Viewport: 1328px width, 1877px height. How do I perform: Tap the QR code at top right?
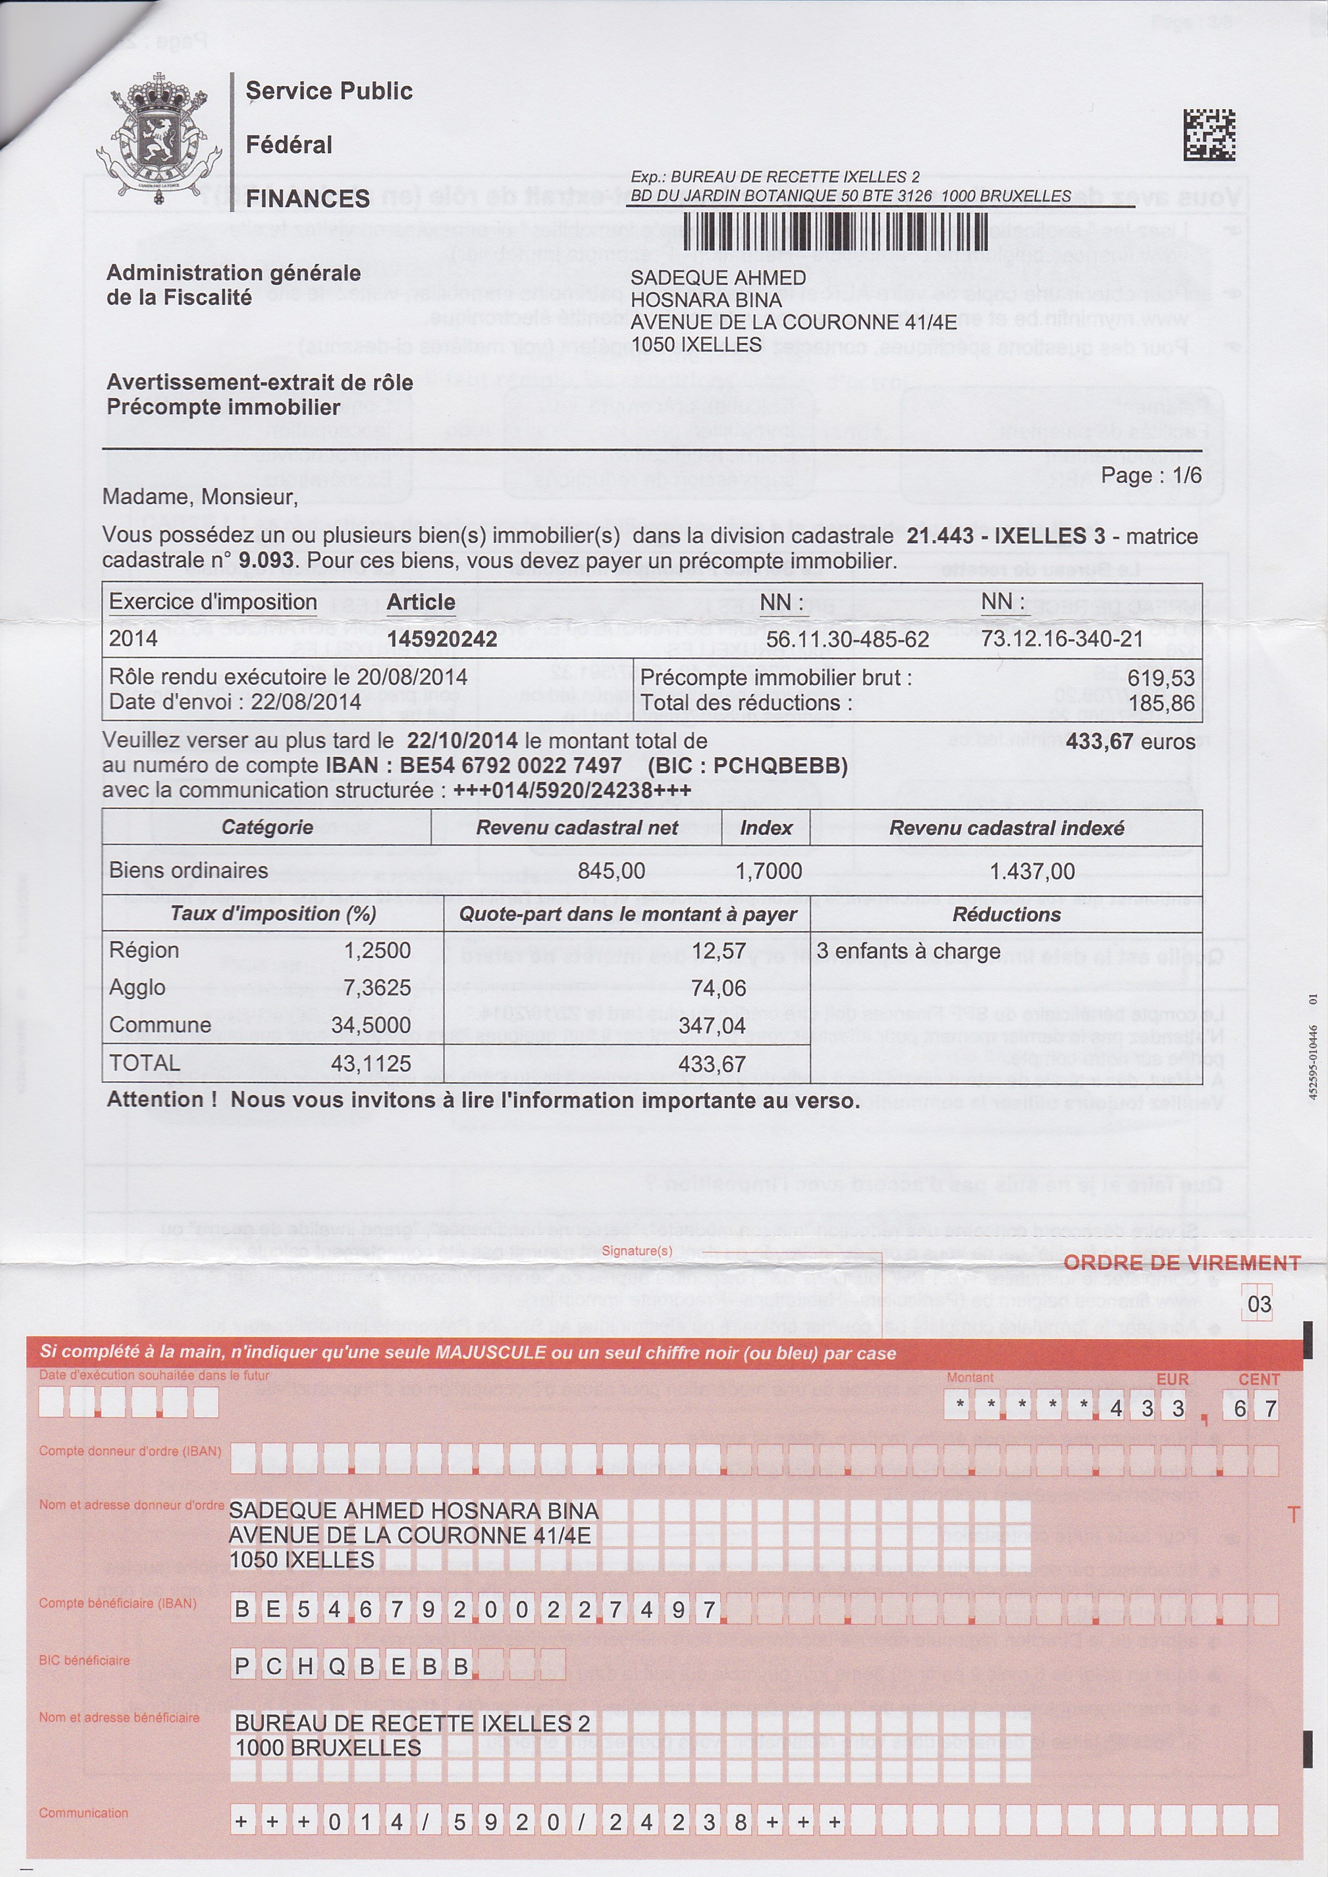[1209, 135]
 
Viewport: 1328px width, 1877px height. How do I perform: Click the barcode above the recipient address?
[834, 231]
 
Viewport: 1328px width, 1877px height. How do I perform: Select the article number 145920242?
[442, 639]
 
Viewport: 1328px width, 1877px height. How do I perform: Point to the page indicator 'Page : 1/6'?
[1151, 476]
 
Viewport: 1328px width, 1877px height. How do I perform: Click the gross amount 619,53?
[1160, 678]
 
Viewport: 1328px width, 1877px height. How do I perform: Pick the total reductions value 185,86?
[1160, 703]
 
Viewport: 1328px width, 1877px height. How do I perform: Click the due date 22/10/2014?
[462, 741]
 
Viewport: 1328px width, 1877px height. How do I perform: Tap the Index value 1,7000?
[768, 871]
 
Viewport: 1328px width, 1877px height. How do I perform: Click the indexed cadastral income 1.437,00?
[1032, 871]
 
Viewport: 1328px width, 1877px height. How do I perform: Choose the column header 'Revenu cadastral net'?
[577, 828]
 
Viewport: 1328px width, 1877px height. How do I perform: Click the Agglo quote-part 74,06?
[718, 989]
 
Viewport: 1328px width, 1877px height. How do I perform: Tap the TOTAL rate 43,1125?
[375, 1063]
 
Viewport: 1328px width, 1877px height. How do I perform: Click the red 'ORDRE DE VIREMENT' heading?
[1182, 1263]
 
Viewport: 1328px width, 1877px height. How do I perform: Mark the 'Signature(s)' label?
[637, 1251]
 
